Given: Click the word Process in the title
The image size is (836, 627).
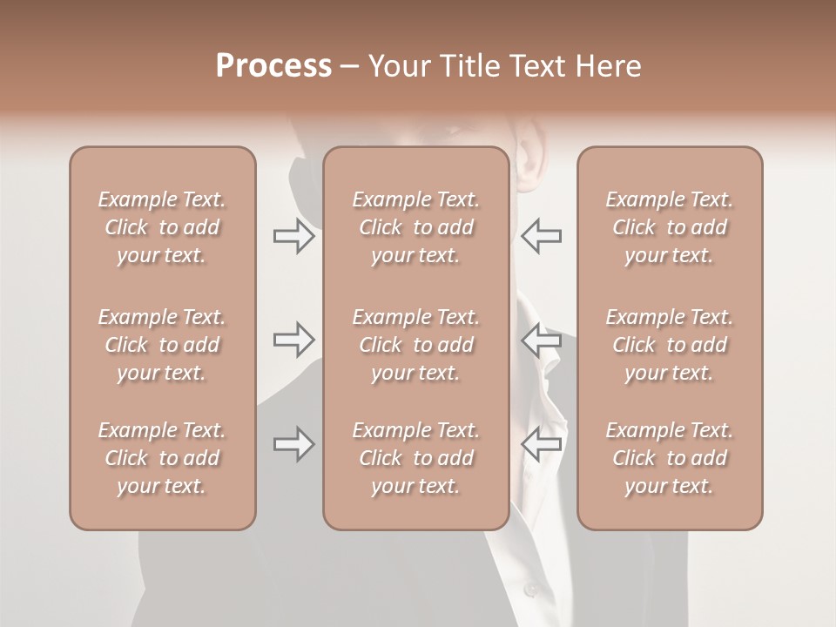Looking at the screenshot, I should (273, 66).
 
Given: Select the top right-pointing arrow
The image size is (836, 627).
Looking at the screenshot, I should (293, 236).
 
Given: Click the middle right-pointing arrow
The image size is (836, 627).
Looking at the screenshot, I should (293, 340).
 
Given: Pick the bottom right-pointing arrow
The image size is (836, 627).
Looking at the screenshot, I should (293, 444).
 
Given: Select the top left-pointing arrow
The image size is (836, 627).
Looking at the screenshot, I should (542, 236).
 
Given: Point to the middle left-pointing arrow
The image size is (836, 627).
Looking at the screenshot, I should (542, 340).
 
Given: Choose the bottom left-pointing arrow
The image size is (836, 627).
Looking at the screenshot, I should (542, 444).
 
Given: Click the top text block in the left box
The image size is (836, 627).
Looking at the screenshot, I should (162, 227).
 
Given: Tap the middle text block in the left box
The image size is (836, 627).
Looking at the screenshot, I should (162, 345).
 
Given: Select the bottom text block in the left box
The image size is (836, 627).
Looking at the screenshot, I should (162, 458).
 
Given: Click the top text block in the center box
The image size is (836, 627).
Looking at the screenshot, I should (416, 227).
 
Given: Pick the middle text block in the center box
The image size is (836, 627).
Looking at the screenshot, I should (416, 345).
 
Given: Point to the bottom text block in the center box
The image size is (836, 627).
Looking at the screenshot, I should (416, 458).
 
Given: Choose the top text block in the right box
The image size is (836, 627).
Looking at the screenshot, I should (670, 227).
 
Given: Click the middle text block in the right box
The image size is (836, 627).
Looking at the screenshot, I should (670, 345).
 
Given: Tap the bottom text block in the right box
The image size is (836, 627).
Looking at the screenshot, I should (670, 458).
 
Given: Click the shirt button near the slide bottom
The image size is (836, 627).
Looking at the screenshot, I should (531, 590).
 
